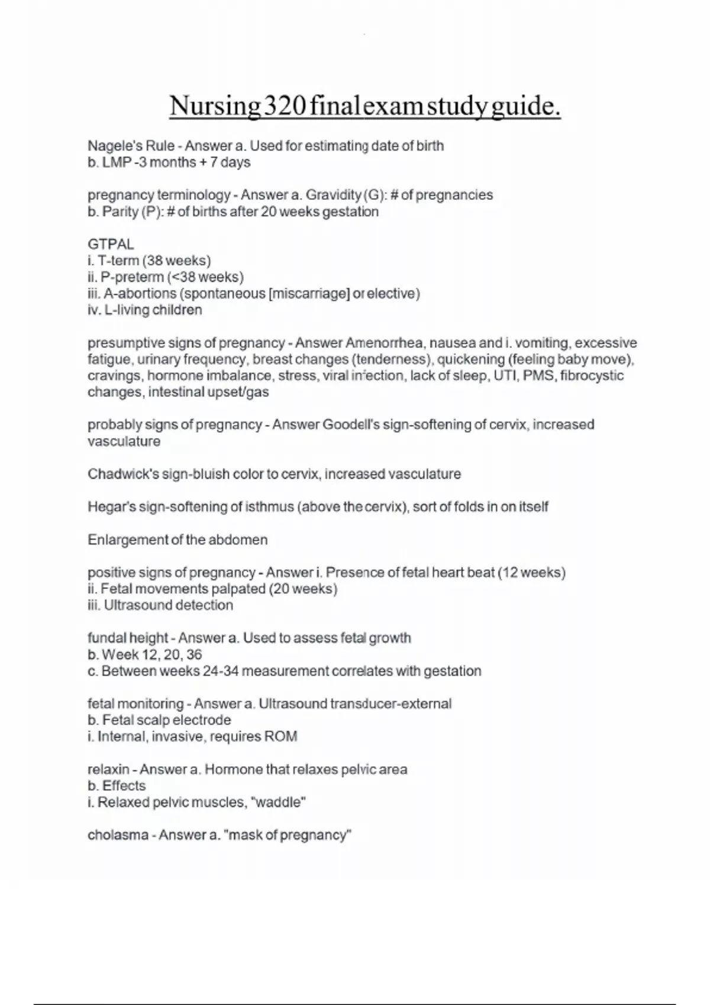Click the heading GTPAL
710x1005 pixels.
pos(111,244)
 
